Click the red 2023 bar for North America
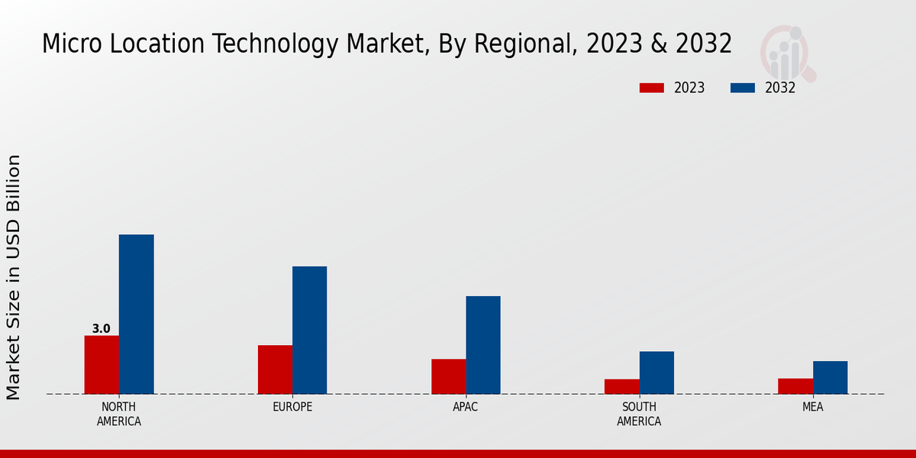102,365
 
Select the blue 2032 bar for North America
136,314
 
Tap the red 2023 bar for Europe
275,369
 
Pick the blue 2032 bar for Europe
309,330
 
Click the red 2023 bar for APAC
448,376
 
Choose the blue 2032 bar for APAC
483,345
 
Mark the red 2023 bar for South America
621,386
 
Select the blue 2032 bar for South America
656,373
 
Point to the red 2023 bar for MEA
795,386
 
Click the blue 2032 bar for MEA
830,377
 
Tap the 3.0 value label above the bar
101,329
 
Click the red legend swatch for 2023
652,88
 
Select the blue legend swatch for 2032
742,88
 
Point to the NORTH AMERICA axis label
118,414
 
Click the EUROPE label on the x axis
292,407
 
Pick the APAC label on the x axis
465,407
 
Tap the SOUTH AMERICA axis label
639,414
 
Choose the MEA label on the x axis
812,407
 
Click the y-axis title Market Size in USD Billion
14,277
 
